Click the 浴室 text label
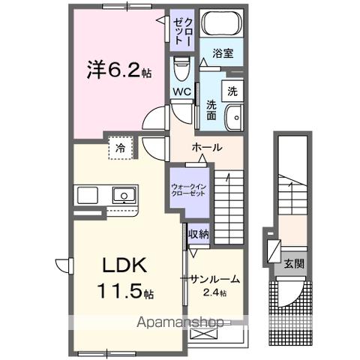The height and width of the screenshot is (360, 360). click(x=221, y=55)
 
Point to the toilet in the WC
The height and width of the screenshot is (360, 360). click(x=181, y=72)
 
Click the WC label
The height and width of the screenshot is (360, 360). click(x=181, y=92)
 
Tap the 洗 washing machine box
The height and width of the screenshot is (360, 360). click(x=232, y=91)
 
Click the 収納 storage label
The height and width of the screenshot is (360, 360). click(x=198, y=235)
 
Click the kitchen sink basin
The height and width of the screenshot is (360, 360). click(x=122, y=196)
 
